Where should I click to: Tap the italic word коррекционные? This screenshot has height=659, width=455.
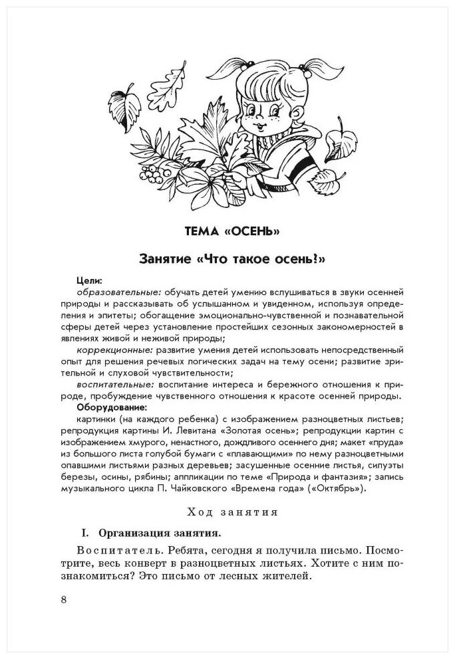pyautogui.click(x=114, y=349)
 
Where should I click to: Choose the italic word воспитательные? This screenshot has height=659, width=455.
pyautogui.click(x=115, y=384)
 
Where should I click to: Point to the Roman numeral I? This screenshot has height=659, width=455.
pyautogui.click(x=84, y=533)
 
